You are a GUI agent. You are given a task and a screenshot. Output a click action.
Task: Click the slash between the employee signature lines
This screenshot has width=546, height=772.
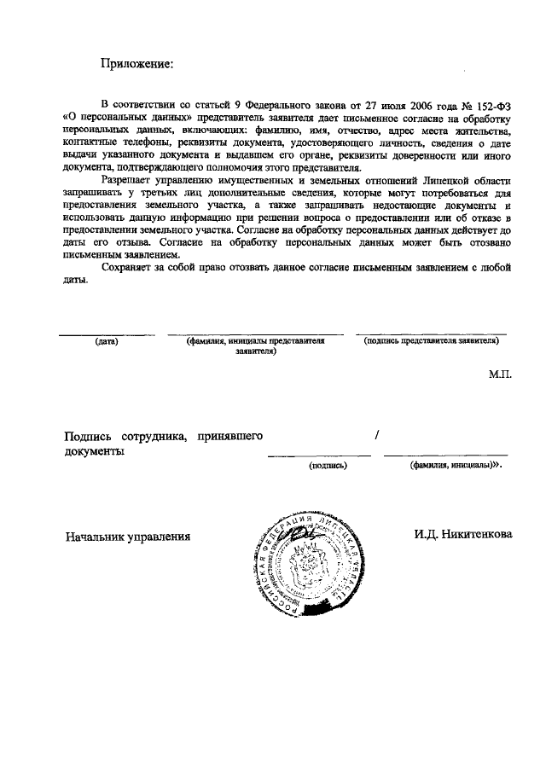tap(376, 436)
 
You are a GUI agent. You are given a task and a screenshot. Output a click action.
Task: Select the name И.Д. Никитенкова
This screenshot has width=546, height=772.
tap(463, 535)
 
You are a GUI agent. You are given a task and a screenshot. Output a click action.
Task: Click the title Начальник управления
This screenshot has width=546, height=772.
tap(128, 536)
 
